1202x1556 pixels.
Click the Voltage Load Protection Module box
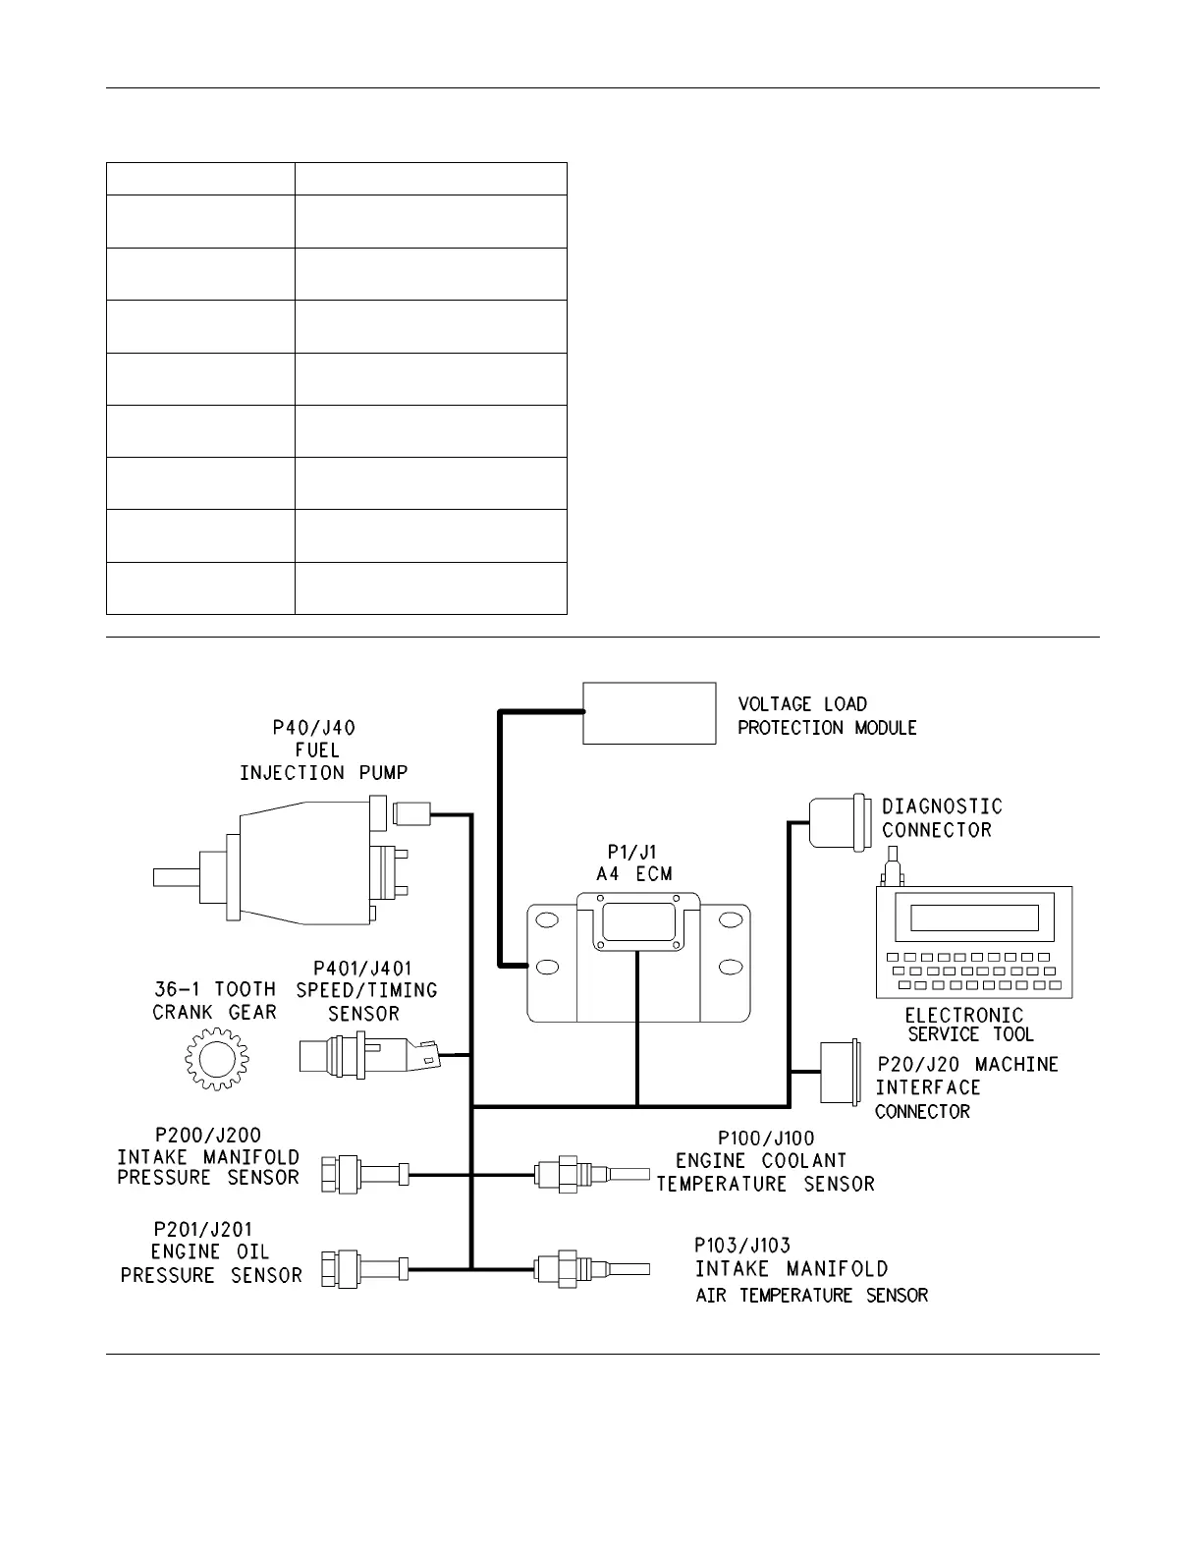coord(649,713)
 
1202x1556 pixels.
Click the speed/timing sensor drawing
coord(368,1055)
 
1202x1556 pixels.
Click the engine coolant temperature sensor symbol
coord(590,1173)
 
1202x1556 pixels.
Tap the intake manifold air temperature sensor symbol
coord(590,1267)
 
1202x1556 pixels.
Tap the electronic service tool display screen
coord(973,917)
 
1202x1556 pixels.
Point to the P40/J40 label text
coord(314,728)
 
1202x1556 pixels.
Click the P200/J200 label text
coord(208,1136)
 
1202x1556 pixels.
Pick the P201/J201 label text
coord(208,1229)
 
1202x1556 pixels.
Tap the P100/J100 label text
coord(766,1139)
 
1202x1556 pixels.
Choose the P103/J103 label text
coord(742,1245)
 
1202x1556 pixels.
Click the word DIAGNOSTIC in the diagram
coord(942,806)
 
